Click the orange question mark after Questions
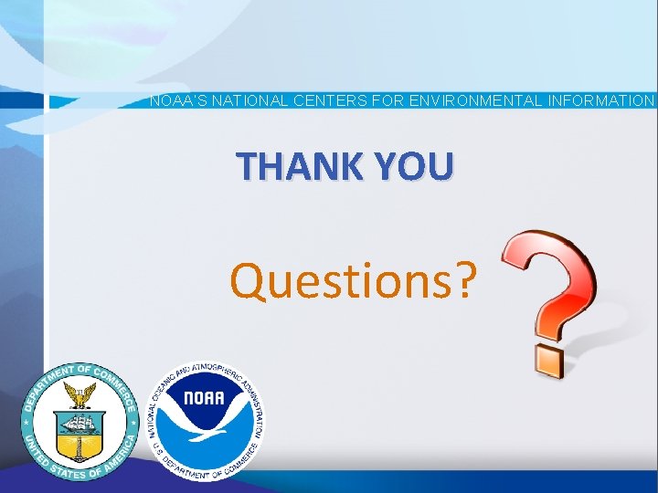465,280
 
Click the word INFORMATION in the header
603,100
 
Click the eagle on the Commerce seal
80,393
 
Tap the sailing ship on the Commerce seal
80,423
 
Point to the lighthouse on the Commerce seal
80,446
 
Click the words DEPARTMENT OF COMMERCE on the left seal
79,371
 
